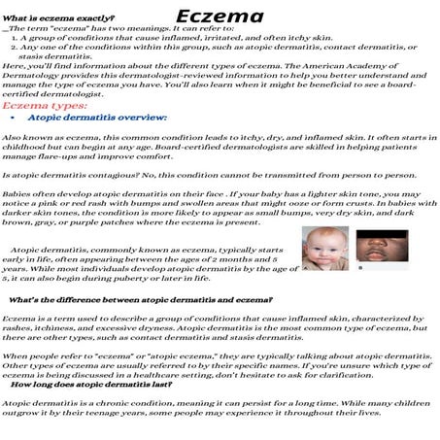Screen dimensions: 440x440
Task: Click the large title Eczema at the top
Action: pos(220,17)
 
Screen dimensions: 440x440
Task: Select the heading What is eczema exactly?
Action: pos(58,18)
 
